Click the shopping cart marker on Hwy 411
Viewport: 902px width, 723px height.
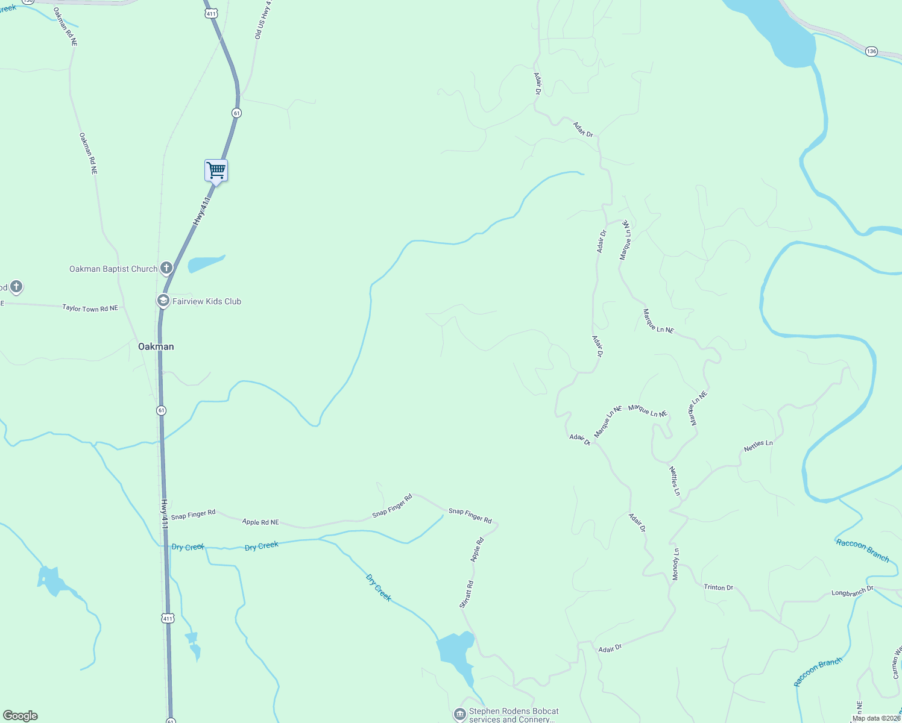coord(216,171)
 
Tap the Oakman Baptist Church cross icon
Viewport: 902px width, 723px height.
coord(166,268)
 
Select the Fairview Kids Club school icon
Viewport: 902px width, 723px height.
coord(163,301)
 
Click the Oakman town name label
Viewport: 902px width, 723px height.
coord(156,346)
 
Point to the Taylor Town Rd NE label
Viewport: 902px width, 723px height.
coord(90,308)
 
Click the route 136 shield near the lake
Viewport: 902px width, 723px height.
coord(871,51)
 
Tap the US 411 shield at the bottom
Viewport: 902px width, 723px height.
coord(168,618)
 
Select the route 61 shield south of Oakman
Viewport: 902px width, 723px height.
coord(161,410)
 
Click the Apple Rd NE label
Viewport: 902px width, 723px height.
coord(260,522)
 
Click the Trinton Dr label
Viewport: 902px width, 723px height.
coord(718,587)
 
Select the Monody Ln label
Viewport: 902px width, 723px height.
coord(676,565)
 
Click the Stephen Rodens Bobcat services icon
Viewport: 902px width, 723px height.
coord(460,715)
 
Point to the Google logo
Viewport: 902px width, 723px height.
coord(20,716)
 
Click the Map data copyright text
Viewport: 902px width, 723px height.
coord(876,718)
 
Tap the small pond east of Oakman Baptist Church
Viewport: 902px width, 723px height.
coord(205,263)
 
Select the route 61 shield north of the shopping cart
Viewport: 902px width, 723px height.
coord(236,113)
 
